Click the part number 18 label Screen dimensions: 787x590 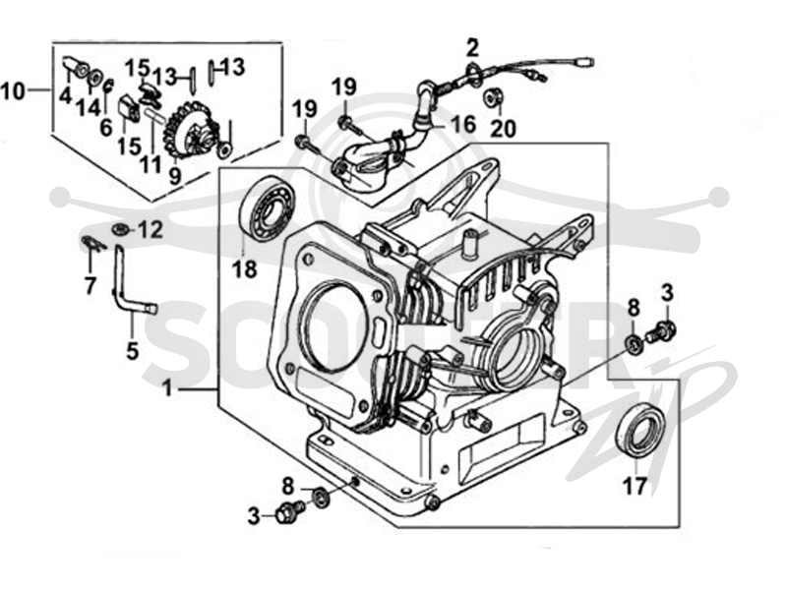pyautogui.click(x=244, y=268)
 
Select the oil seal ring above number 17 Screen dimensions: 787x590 pyautogui.click(x=641, y=429)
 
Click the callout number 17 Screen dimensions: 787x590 pyautogui.click(x=635, y=485)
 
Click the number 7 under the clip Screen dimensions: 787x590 pyautogui.click(x=91, y=286)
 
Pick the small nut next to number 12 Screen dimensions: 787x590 pyautogui.click(x=119, y=230)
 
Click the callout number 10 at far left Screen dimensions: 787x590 pyautogui.click(x=13, y=91)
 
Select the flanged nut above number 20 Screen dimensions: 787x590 pyautogui.click(x=491, y=98)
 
